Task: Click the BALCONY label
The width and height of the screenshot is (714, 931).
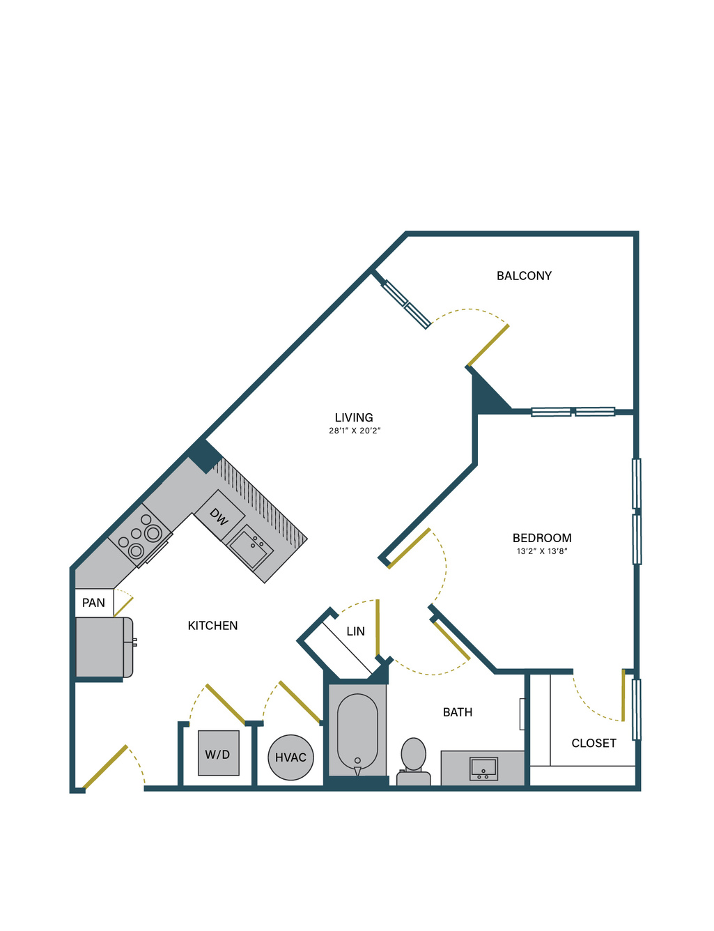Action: (524, 275)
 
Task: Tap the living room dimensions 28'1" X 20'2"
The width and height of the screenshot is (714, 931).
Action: (355, 431)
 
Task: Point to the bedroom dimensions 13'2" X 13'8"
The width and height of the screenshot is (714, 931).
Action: (542, 551)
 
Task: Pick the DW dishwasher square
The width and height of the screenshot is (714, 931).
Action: (219, 516)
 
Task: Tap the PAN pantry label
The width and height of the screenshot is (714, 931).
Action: (93, 603)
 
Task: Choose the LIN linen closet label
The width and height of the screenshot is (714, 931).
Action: (356, 631)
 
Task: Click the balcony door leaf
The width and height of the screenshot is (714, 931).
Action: (489, 346)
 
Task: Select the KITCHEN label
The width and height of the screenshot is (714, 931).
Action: (212, 626)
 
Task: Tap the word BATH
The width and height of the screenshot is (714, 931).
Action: (458, 712)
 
